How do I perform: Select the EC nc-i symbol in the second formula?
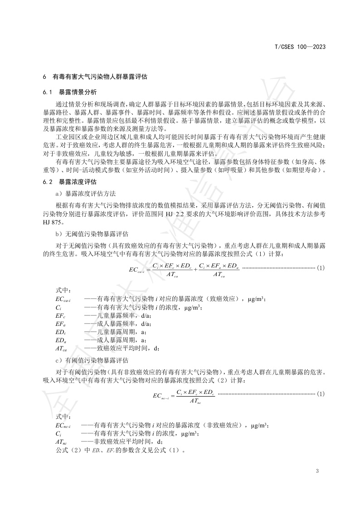coord(161,397)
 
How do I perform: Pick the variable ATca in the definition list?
coord(62,349)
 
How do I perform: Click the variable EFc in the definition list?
coord(61,315)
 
